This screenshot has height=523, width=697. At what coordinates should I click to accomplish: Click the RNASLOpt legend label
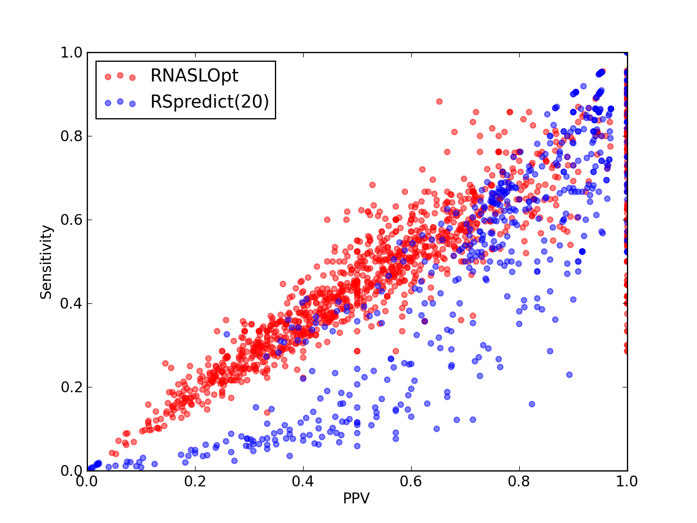point(194,76)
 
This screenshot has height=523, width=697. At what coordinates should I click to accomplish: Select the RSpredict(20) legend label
point(210,102)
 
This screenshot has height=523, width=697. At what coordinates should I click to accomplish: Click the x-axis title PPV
point(356,498)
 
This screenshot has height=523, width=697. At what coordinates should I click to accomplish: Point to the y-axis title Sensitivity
point(46,262)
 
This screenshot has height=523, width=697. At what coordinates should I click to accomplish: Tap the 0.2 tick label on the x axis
point(195,482)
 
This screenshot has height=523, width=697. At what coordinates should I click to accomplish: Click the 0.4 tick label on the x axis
point(303,482)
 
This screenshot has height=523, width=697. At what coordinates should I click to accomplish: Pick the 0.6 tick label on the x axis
point(411,482)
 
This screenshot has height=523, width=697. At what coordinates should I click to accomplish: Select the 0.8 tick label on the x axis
point(519,482)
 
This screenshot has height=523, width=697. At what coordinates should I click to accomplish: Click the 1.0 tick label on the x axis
point(627,482)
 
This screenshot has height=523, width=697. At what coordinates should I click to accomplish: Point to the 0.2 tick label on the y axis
point(71,387)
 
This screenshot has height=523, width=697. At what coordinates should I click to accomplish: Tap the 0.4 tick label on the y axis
point(71,304)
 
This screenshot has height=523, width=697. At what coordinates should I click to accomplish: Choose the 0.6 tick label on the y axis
point(71,220)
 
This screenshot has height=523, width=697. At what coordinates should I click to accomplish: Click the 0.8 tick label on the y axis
point(71,136)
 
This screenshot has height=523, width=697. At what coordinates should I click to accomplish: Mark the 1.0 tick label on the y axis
point(71,52)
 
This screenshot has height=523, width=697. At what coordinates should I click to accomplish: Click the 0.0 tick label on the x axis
point(86,482)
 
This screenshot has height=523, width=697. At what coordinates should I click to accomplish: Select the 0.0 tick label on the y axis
point(71,471)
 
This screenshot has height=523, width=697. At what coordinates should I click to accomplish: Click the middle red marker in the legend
point(120,75)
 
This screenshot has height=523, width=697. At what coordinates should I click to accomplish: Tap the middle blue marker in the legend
point(120,102)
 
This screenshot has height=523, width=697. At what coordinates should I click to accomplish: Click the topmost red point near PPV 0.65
point(439,102)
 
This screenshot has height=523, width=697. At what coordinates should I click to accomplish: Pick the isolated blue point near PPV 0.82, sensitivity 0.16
point(532,404)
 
